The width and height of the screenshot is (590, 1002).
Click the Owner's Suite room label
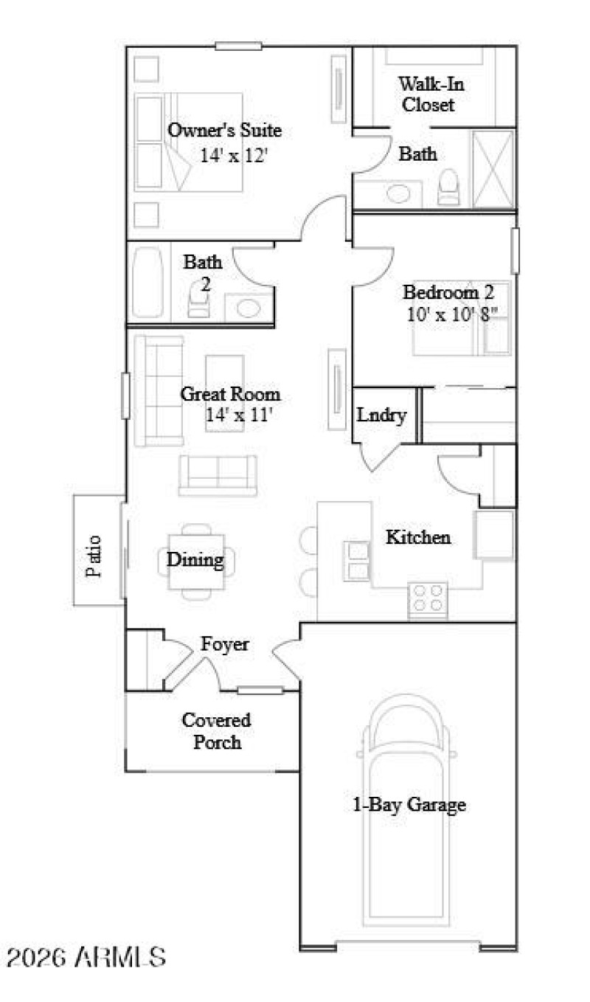click(x=224, y=131)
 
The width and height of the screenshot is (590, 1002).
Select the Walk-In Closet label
click(x=427, y=94)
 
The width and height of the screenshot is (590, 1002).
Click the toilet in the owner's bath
click(x=448, y=187)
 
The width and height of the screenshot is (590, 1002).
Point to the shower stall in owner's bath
click(x=493, y=169)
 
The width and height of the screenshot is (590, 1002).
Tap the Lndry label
click(x=381, y=415)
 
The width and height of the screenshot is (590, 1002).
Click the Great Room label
click(x=230, y=394)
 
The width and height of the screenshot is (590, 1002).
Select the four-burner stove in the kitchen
click(x=428, y=597)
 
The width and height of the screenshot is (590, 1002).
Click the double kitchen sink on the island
click(x=358, y=561)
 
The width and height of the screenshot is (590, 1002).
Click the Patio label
click(x=94, y=554)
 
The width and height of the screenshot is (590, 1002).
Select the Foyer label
click(x=225, y=644)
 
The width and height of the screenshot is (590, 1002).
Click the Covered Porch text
click(x=216, y=730)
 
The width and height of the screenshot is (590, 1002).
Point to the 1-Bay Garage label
click(x=408, y=804)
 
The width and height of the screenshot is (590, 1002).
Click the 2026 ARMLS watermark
click(x=86, y=958)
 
